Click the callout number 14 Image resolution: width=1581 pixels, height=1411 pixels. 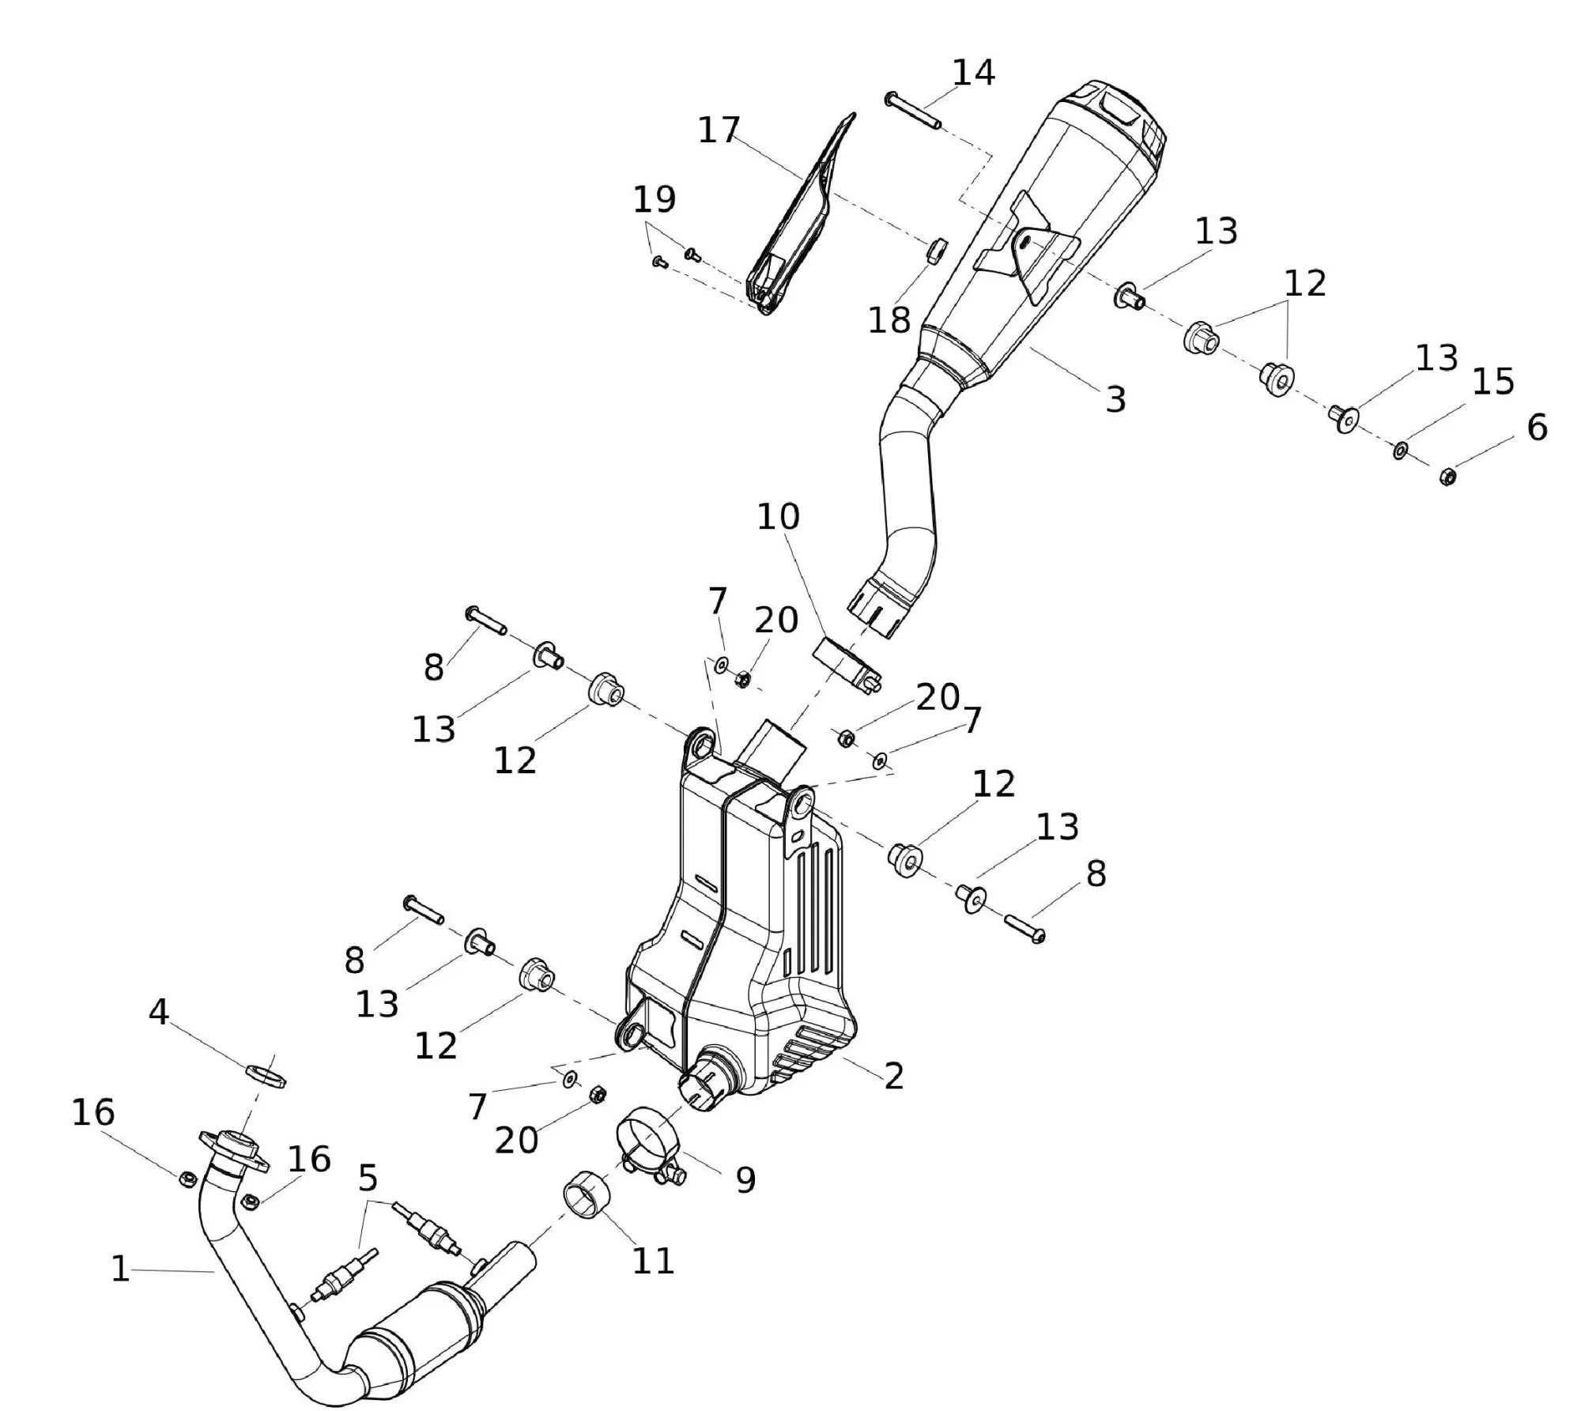[x=972, y=73]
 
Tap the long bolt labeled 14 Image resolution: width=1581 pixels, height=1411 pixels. [x=912, y=111]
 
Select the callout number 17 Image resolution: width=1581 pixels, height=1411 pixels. [x=719, y=130]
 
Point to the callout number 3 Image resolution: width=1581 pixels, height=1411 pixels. [x=1115, y=400]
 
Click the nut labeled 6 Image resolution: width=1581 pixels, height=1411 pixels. [x=1447, y=476]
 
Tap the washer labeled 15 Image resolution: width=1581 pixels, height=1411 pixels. [x=1400, y=451]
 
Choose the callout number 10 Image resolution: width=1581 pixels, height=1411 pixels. [x=779, y=517]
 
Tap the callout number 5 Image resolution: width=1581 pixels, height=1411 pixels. [x=368, y=1179]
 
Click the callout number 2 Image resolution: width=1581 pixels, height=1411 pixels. [x=893, y=1076]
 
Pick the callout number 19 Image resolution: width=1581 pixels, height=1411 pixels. [x=655, y=200]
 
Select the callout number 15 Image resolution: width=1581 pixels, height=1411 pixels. [x=1493, y=382]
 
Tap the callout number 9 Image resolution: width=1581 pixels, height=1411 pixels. [x=745, y=1180]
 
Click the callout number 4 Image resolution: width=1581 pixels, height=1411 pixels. [x=159, y=1012]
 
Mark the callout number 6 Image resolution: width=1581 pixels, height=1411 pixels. [x=1537, y=427]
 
